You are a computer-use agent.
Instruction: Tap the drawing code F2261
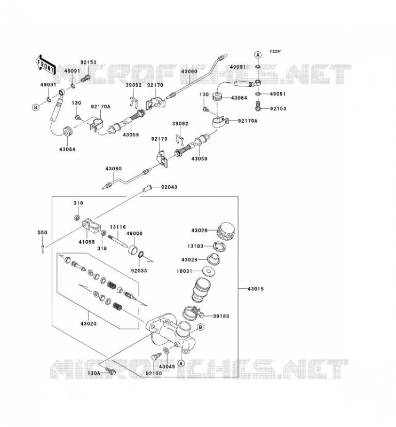[276, 51]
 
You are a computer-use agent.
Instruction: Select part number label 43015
[256, 289]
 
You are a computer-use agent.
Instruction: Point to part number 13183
[195, 246]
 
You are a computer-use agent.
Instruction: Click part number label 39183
[221, 316]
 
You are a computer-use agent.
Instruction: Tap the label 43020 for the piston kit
[88, 324]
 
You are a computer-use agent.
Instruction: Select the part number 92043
[169, 187]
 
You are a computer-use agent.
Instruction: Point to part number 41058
[86, 242]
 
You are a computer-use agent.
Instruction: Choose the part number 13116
[117, 227]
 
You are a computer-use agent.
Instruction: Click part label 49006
[134, 234]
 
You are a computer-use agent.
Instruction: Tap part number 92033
[139, 271]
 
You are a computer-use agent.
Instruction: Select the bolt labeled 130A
[110, 371]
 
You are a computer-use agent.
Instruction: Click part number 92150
[154, 373]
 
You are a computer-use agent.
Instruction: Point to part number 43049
[167, 367]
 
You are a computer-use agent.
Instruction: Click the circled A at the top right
[258, 55]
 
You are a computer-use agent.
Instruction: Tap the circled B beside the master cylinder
[200, 327]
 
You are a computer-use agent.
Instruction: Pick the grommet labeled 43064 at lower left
[68, 132]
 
